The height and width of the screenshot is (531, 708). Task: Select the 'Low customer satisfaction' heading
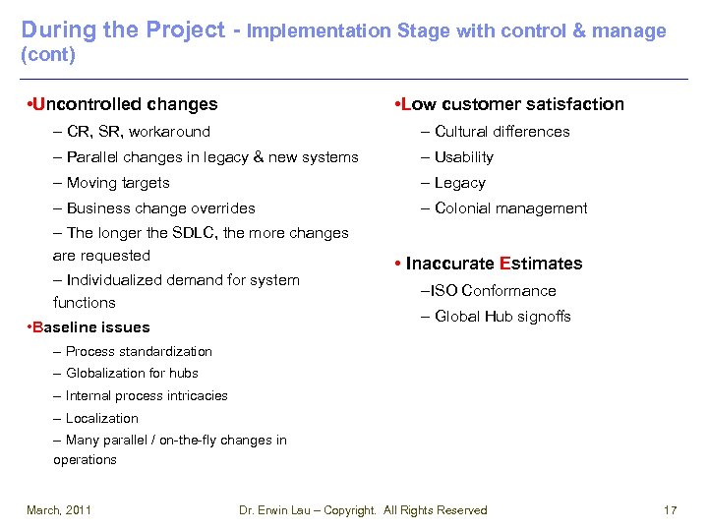(x=510, y=104)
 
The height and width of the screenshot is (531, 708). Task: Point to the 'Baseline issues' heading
(x=90, y=327)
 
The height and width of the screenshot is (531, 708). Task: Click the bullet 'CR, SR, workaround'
(x=138, y=132)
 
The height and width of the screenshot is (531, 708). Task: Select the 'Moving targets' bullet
(x=118, y=183)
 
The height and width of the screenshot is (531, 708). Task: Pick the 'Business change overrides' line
(x=160, y=208)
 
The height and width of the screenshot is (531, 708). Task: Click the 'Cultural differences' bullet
(x=501, y=132)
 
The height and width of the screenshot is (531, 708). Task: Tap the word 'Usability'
(x=464, y=157)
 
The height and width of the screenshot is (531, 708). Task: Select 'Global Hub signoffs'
(x=502, y=317)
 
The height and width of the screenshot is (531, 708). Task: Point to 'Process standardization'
(x=139, y=351)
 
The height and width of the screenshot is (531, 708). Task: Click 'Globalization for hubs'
(x=132, y=374)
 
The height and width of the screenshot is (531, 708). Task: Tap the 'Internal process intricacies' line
(x=147, y=396)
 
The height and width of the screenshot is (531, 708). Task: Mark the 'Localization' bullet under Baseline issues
(x=102, y=419)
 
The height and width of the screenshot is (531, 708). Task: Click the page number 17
(x=671, y=510)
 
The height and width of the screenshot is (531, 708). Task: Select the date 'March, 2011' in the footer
(x=59, y=510)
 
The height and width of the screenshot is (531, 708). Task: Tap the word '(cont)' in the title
(x=48, y=55)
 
